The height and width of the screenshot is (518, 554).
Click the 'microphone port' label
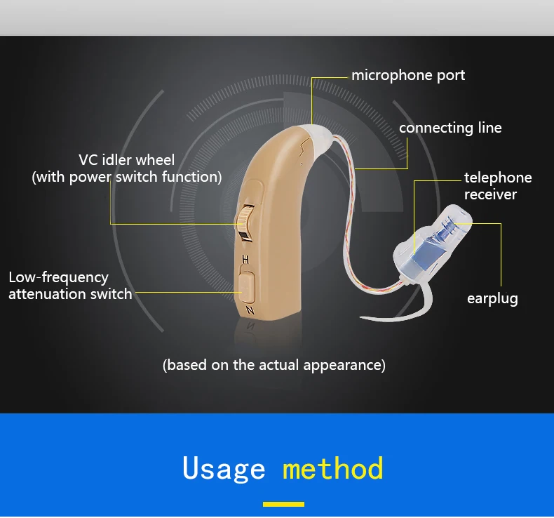(408, 76)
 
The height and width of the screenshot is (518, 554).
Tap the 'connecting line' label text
(450, 128)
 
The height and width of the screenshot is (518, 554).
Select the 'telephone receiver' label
(498, 186)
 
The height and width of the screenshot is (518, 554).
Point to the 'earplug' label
(492, 299)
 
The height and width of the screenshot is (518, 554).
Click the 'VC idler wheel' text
(126, 160)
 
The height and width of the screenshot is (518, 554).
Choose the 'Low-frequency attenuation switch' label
(70, 286)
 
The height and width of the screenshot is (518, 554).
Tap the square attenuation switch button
(247, 286)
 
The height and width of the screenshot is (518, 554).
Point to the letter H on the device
(245, 260)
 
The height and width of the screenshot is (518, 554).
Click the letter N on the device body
(250, 310)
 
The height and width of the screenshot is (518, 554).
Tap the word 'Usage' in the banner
(224, 468)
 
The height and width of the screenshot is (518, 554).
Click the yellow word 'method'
(333, 467)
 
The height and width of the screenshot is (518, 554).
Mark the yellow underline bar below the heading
(283, 504)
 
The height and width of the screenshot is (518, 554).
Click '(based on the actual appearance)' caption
(273, 365)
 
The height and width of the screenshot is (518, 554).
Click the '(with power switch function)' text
(127, 177)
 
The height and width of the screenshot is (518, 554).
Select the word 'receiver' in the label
(490, 194)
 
